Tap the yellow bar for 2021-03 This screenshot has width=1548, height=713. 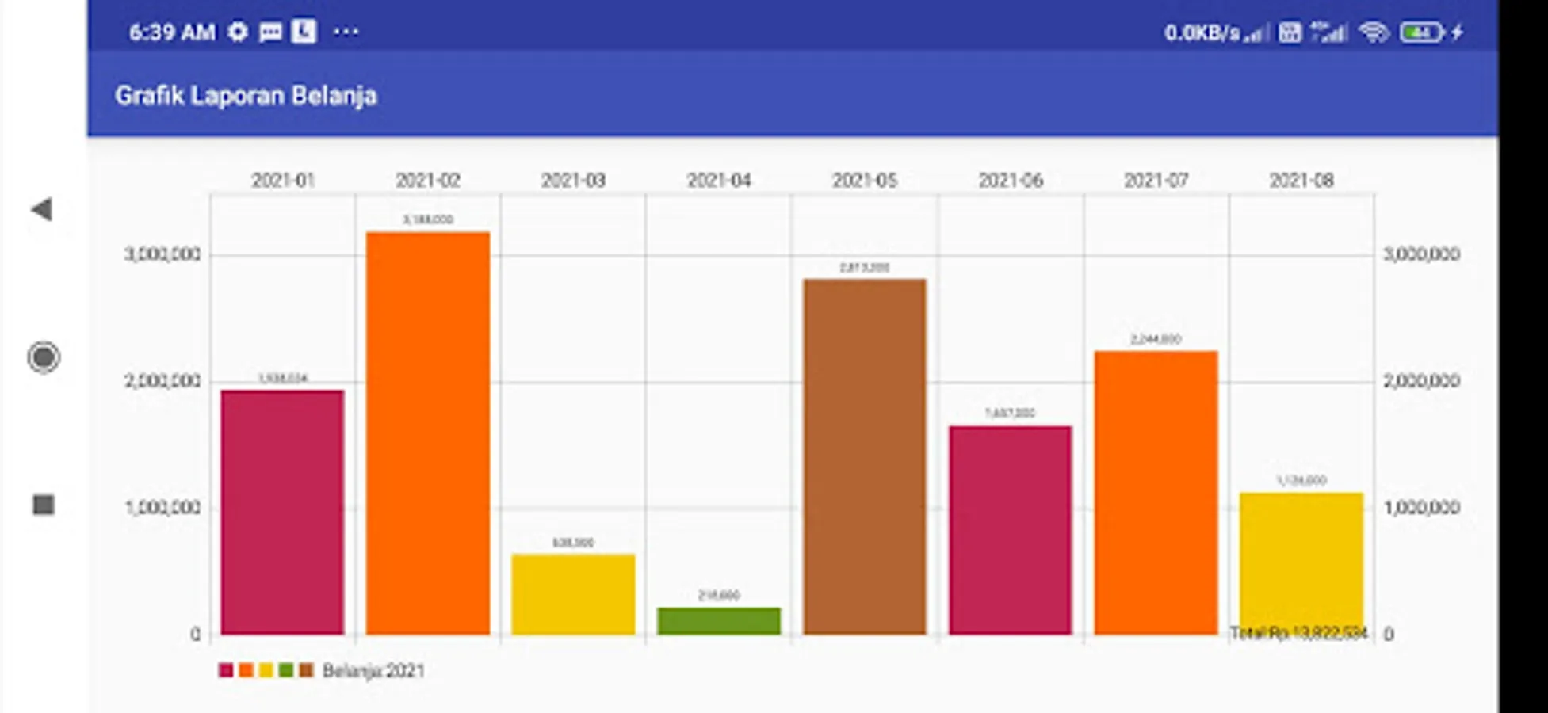tap(573, 594)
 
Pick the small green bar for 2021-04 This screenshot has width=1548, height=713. tap(719, 621)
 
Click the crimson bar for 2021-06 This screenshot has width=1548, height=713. tap(1010, 530)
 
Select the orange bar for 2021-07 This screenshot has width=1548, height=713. tap(1156, 492)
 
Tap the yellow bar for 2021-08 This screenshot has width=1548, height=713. tap(1301, 559)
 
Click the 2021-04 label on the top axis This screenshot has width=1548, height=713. tap(719, 181)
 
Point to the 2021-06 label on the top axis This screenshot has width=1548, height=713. tap(1010, 181)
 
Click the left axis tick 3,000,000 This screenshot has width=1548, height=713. tap(162, 254)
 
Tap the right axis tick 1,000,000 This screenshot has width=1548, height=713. tap(1421, 508)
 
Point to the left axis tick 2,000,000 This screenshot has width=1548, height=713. tap(162, 381)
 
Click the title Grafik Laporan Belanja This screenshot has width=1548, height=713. tap(246, 96)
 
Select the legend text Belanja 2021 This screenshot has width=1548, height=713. tap(373, 671)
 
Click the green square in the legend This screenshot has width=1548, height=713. tap(286, 670)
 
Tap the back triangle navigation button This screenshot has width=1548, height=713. tap(42, 209)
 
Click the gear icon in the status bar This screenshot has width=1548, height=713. tap(238, 32)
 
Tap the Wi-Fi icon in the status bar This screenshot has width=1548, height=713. tap(1373, 32)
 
